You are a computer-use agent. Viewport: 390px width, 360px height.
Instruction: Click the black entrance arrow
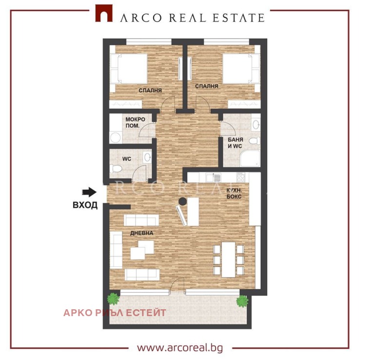89,192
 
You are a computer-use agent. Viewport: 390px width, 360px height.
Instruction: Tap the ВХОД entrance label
85,205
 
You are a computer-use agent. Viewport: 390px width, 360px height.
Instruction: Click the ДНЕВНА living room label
141,233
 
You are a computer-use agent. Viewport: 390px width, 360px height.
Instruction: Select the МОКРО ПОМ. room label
136,122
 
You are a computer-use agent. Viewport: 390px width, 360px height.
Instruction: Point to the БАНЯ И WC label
235,143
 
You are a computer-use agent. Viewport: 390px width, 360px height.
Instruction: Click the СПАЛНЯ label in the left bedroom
150,91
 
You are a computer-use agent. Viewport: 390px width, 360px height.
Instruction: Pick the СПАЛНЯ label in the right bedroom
206,86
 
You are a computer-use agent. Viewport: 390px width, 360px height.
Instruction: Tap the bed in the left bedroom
129,69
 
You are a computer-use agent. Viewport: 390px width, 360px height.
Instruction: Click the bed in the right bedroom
241,69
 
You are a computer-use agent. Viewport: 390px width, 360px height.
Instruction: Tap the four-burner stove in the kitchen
240,177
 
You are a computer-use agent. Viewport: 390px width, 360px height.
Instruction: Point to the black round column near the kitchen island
183,201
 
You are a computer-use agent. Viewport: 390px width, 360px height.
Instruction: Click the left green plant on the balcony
114,299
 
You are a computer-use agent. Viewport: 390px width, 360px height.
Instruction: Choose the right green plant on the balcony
242,301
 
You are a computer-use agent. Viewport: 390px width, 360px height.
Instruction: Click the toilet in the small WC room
116,169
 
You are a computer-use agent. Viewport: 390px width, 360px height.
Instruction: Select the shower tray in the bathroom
250,158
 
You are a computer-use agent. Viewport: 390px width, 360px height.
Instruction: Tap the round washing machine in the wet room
115,138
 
